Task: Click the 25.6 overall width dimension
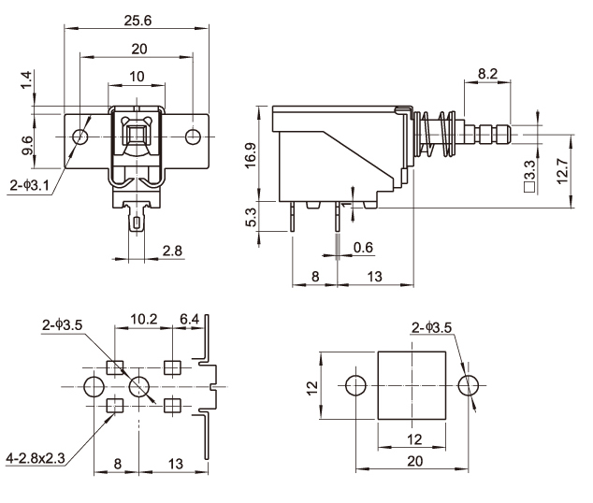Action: point(137,18)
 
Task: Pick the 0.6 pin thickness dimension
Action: point(364,248)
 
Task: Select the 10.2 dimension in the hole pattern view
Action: point(143,320)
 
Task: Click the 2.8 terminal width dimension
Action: point(172,250)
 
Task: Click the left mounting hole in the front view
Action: point(81,137)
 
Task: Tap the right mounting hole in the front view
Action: point(193,137)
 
